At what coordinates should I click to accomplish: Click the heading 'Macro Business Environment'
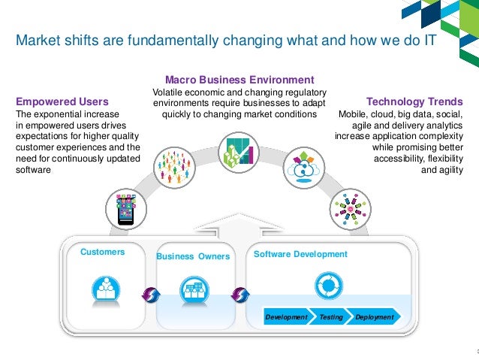click(239, 80)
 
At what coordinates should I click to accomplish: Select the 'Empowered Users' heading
click(62, 101)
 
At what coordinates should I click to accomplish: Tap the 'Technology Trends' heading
click(414, 101)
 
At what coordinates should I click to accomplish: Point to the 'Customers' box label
click(103, 253)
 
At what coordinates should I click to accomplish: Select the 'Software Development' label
click(300, 254)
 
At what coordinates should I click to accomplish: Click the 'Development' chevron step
click(286, 317)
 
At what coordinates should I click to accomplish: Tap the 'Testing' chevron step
click(331, 317)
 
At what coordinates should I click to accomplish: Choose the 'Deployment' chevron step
click(374, 317)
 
